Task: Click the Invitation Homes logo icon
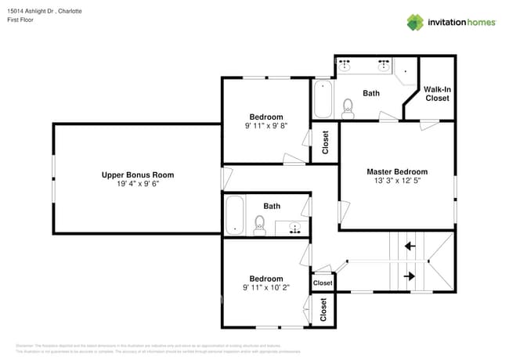(x=414, y=22)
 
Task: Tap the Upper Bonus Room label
(x=138, y=175)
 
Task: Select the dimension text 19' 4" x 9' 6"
(x=138, y=184)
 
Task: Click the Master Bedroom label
(x=397, y=171)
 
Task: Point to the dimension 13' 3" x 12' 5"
(x=397, y=182)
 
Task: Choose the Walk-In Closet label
(x=437, y=94)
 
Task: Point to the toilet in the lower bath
(x=261, y=226)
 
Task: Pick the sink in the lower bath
(x=295, y=228)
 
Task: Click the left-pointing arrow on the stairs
(x=409, y=247)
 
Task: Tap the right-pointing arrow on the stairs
(x=409, y=276)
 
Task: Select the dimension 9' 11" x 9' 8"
(x=266, y=126)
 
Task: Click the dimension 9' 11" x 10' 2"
(x=266, y=288)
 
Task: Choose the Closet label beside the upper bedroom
(x=326, y=142)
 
